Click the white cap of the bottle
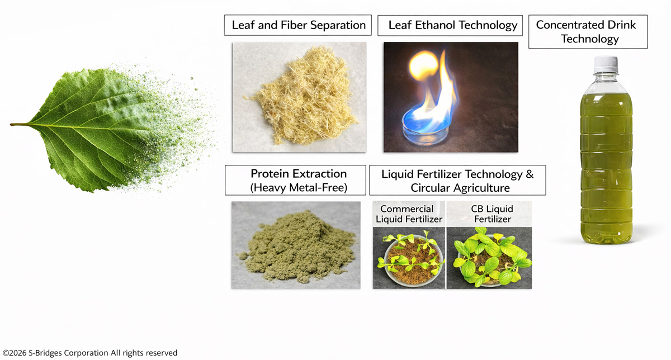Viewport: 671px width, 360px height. point(606,64)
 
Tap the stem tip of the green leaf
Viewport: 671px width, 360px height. point(11,124)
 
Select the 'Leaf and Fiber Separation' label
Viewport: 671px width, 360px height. point(298,25)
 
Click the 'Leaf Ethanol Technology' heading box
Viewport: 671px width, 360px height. point(450,26)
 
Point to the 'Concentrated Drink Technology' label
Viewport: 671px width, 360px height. point(588,32)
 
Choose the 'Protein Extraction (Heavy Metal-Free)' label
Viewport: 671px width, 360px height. point(295,181)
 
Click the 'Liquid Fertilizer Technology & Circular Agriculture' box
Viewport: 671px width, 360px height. point(457,181)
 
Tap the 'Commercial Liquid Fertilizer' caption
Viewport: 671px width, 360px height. point(409,214)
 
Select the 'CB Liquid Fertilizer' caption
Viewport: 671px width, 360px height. point(492,214)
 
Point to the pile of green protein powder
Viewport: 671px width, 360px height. point(296,248)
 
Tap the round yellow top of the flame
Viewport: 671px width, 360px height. point(424,64)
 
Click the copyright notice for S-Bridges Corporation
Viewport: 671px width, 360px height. point(90,353)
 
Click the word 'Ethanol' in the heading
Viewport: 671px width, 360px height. point(435,25)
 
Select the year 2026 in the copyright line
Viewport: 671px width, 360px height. point(18,353)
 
